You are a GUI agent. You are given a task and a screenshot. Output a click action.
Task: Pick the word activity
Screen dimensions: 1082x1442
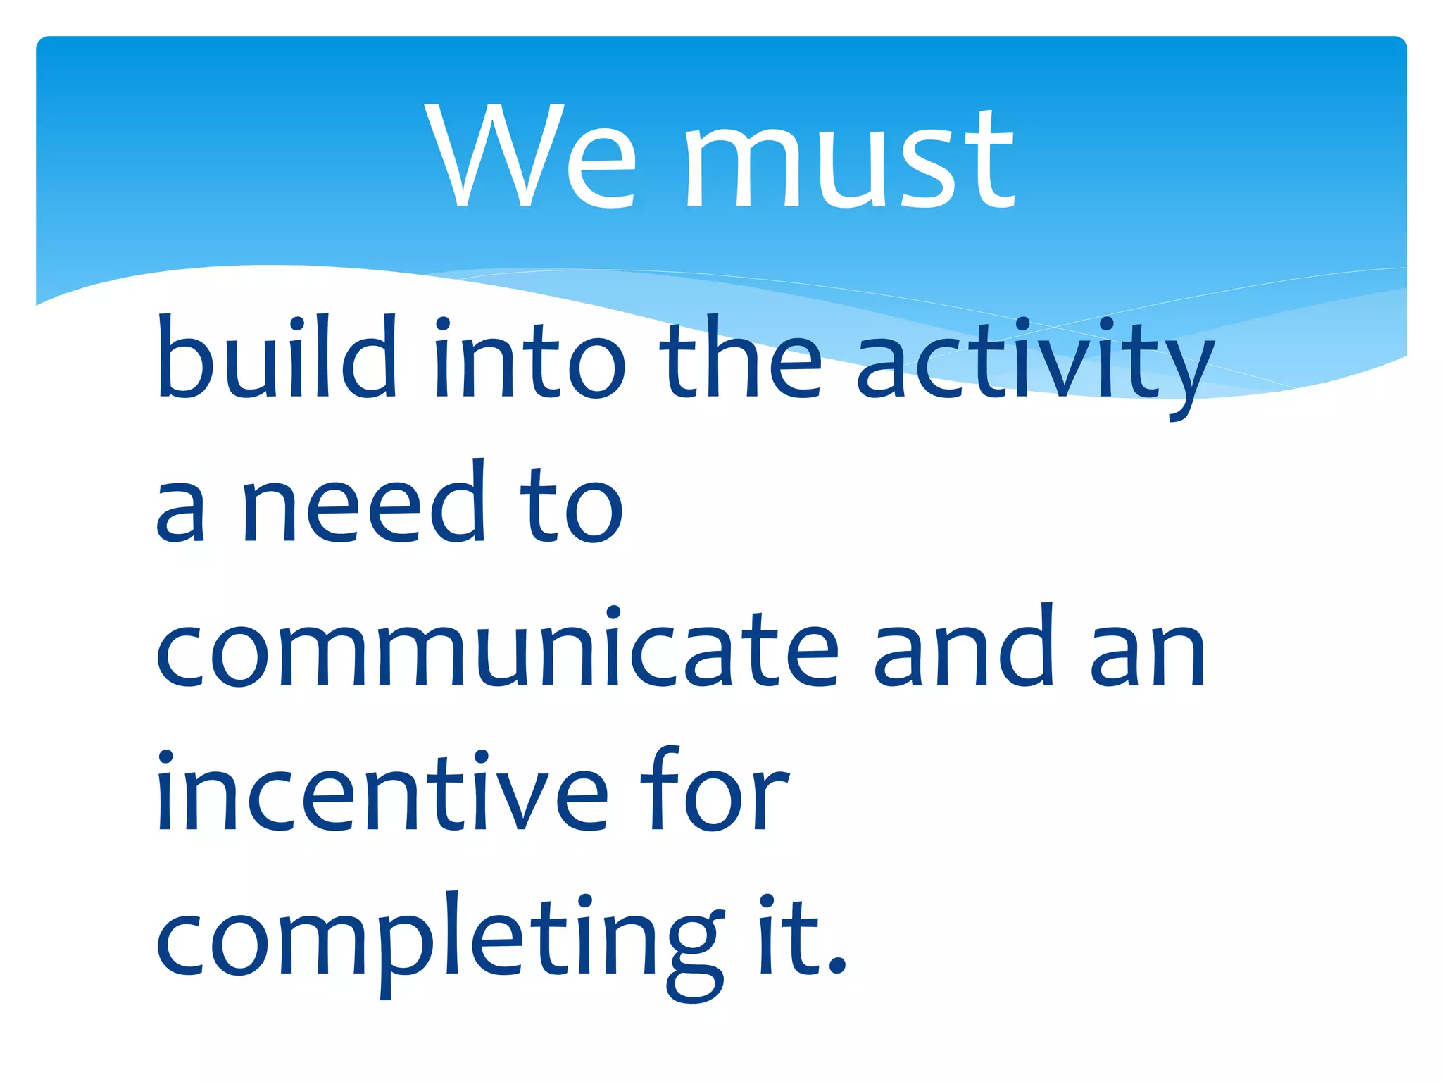1035,363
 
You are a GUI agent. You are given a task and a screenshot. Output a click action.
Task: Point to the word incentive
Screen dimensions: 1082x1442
381,792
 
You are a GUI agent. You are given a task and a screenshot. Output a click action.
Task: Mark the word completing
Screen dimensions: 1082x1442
440,940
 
